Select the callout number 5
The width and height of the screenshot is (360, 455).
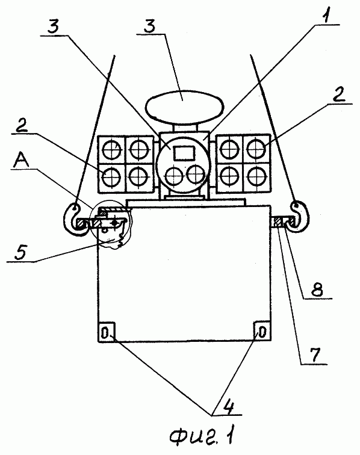(x=21, y=252)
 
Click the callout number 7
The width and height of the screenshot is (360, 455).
(x=314, y=354)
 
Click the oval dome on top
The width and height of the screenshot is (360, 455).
(x=185, y=106)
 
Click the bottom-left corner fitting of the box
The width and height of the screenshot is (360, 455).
(x=107, y=332)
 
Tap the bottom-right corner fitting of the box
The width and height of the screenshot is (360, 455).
(x=262, y=331)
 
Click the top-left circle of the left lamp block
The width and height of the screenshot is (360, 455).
(x=112, y=149)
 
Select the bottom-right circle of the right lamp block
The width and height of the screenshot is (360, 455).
(x=256, y=176)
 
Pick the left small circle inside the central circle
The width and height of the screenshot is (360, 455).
(x=174, y=176)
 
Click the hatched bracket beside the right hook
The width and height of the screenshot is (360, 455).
(x=278, y=222)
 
